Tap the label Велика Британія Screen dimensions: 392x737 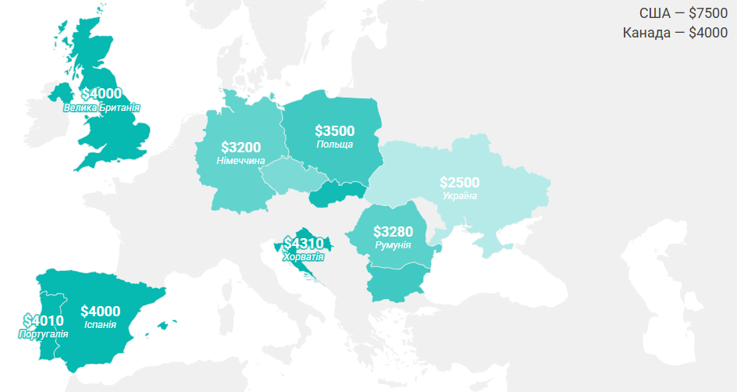coord(101,108)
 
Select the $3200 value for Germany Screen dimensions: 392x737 coord(240,147)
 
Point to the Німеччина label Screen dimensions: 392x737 coord(240,161)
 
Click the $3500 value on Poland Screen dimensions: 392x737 coord(334,131)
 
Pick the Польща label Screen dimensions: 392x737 coord(334,144)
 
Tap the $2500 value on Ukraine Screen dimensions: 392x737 coord(459,182)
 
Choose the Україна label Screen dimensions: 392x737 coord(459,195)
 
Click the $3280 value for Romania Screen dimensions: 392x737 coord(393,232)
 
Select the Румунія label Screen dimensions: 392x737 coord(393,245)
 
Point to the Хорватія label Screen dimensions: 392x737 coord(303,256)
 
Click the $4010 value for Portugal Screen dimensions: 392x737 coord(43,320)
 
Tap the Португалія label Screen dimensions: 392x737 coord(43,333)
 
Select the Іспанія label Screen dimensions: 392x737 coord(100,324)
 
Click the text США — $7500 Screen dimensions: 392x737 coord(683,12)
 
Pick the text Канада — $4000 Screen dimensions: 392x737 coord(675,33)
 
